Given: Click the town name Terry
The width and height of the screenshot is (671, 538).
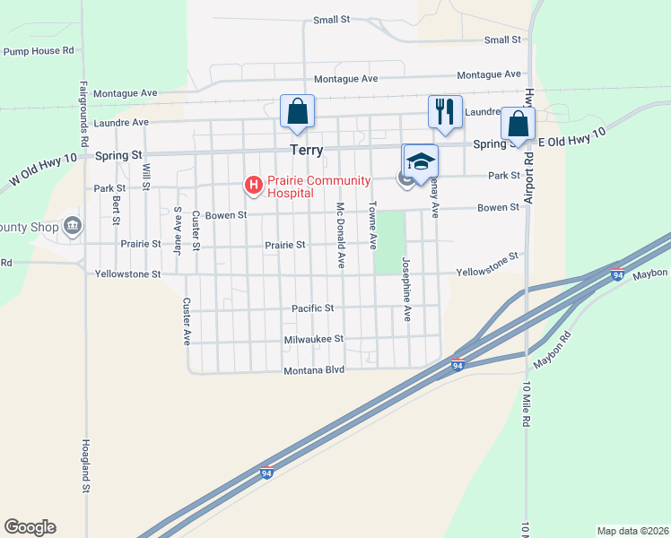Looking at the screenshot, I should click(305, 151).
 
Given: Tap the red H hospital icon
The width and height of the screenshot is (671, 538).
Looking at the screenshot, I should click(254, 186).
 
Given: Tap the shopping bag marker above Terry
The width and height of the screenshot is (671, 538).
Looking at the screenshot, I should click(298, 112).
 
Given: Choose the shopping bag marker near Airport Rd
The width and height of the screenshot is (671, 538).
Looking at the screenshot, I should click(517, 124).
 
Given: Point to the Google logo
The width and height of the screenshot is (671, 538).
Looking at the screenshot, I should click(30, 527).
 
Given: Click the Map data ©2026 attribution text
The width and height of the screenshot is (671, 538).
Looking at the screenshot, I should click(632, 530).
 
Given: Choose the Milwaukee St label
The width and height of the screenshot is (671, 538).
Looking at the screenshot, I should click(313, 339).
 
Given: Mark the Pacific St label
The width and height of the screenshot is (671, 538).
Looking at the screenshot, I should click(312, 308).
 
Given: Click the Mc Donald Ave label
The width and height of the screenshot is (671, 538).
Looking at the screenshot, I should click(341, 235).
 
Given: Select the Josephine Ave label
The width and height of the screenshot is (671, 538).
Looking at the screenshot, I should click(406, 290).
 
